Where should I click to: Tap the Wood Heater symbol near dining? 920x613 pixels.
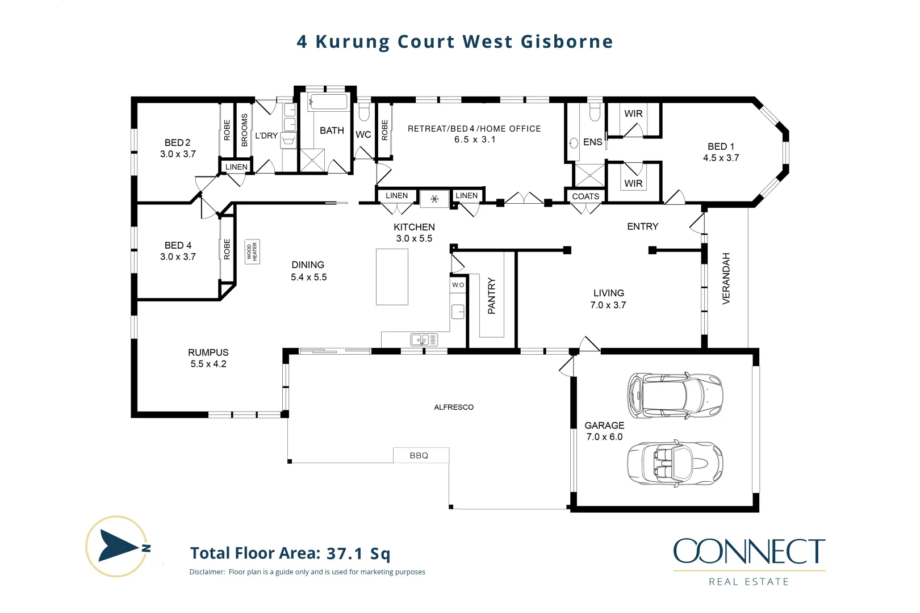click(x=252, y=251)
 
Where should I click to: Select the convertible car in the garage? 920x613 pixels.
click(x=675, y=463)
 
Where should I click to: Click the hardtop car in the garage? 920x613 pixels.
click(x=675, y=396)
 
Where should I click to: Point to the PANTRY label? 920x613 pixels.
click(x=492, y=296)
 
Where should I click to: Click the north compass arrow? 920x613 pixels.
click(x=118, y=546)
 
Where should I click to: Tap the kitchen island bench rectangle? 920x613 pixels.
click(x=392, y=276)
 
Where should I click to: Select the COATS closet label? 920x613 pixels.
click(x=586, y=196)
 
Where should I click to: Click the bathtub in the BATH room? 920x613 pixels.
click(x=328, y=103)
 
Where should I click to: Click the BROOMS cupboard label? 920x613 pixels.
click(x=245, y=130)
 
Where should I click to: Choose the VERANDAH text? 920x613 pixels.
click(x=726, y=278)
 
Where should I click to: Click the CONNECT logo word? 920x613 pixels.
click(x=749, y=551)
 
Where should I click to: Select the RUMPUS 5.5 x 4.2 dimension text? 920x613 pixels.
click(x=208, y=364)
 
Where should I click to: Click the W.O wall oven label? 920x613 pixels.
click(x=458, y=285)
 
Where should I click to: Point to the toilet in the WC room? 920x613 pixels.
click(x=364, y=112)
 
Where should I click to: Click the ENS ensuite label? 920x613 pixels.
click(x=592, y=142)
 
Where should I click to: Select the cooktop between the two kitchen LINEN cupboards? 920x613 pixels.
click(x=434, y=199)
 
